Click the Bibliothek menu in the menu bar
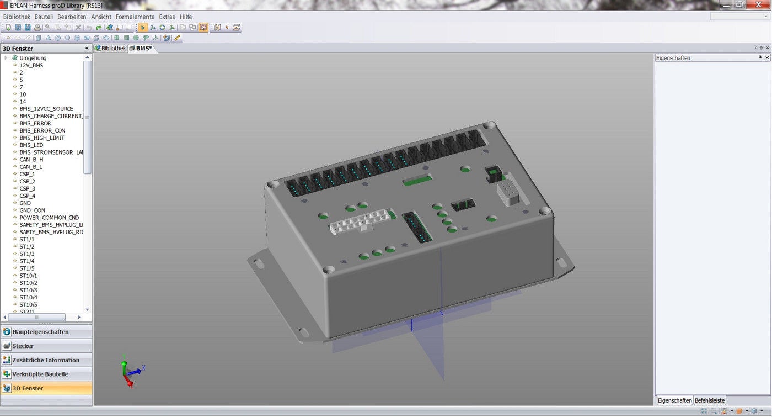17,17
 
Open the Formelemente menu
135,17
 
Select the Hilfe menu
186,17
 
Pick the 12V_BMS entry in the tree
31,65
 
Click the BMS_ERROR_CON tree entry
42,131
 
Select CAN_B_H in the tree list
31,160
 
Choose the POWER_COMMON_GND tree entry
49,218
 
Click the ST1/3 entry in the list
27,254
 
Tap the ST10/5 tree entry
28,305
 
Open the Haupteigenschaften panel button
40,332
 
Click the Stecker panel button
23,346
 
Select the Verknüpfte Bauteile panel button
40,374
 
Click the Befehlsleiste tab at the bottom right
710,400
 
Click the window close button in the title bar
762,4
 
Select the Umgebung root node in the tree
33,58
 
